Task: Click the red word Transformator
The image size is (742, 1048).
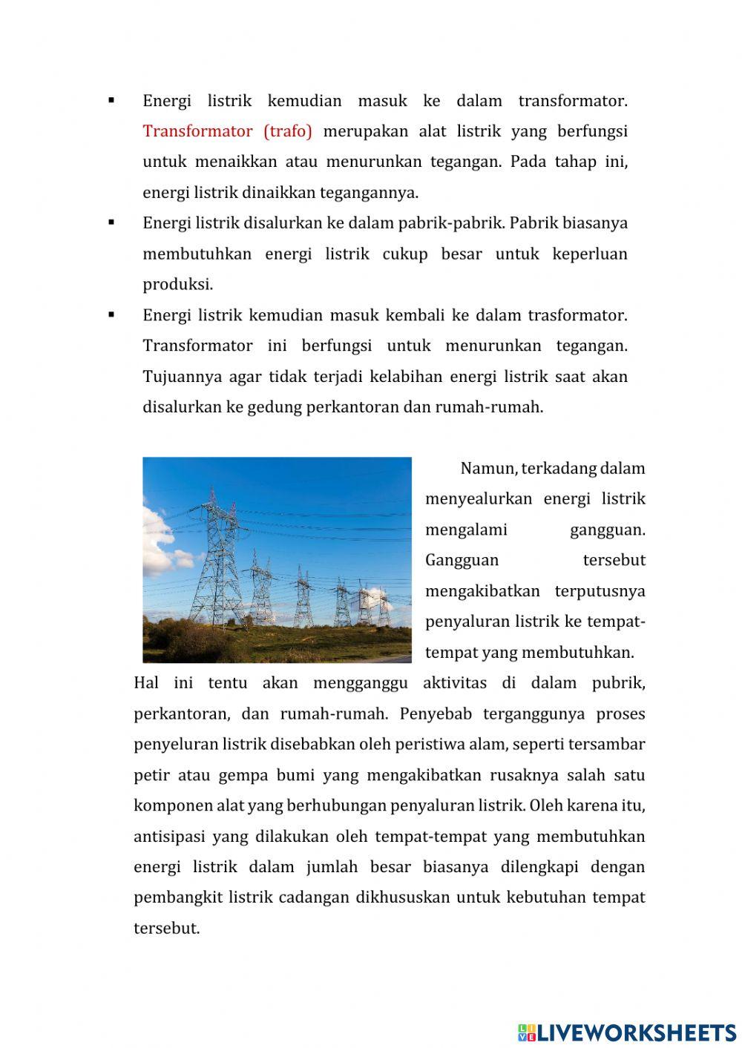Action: click(x=197, y=131)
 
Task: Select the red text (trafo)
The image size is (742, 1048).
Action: click(x=288, y=131)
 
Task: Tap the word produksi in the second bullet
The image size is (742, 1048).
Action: click(x=177, y=285)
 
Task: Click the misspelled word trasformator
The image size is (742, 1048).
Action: click(x=577, y=315)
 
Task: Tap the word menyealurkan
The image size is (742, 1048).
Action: click(x=479, y=499)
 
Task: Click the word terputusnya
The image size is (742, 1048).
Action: click(x=600, y=591)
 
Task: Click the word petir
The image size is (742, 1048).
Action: click(x=151, y=776)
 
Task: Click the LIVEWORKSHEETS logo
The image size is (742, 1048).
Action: click(x=627, y=1032)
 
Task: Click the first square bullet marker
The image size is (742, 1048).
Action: click(x=111, y=100)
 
